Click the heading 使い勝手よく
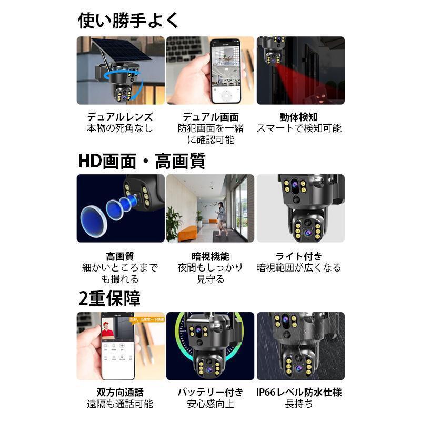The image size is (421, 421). tap(129, 21)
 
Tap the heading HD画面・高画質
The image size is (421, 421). tap(142, 161)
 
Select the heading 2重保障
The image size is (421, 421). tap(109, 298)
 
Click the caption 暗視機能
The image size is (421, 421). tap(210, 256)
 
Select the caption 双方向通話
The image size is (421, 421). tap(120, 393)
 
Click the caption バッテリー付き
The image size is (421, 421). tap(210, 393)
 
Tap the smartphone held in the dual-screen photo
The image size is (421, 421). tap(225, 71)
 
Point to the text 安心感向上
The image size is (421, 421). tap(210, 404)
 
